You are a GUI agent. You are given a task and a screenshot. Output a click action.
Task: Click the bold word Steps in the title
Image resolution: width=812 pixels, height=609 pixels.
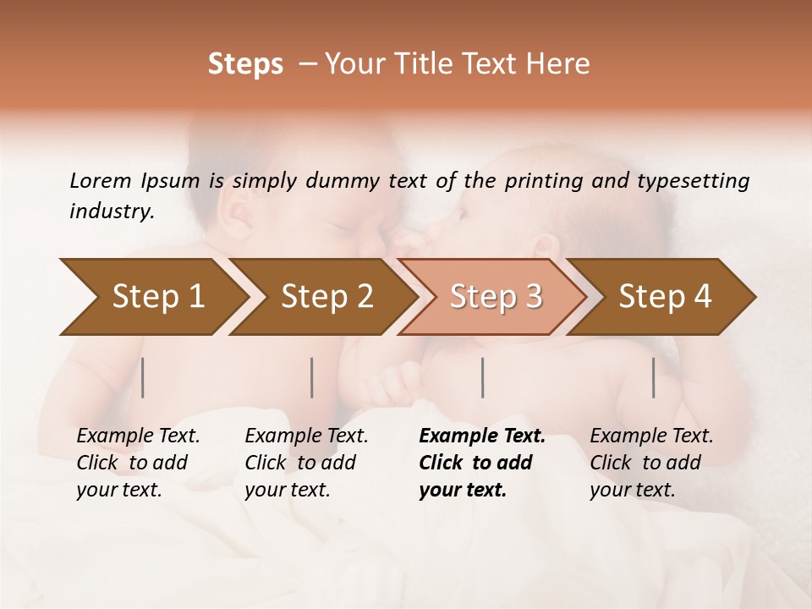(x=245, y=64)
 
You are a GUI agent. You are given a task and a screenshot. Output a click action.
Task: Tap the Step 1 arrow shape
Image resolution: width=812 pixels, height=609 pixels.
(x=157, y=296)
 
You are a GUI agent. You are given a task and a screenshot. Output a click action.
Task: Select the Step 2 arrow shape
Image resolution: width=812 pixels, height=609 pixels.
(x=326, y=296)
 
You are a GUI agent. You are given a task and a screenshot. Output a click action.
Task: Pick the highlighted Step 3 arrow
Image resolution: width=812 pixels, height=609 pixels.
(x=496, y=296)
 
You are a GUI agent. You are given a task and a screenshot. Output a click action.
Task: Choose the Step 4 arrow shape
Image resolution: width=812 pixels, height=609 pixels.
(x=665, y=296)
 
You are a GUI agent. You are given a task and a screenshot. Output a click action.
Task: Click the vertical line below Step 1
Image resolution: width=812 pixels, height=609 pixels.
(x=143, y=377)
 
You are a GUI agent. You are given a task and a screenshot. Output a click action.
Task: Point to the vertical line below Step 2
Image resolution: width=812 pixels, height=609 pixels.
(x=312, y=377)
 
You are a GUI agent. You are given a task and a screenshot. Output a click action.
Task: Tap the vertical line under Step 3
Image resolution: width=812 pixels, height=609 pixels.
(x=482, y=377)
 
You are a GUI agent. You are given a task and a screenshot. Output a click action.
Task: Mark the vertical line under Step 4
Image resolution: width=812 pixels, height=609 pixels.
(x=654, y=377)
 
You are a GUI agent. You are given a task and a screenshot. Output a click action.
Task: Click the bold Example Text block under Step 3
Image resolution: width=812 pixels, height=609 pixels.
(x=482, y=463)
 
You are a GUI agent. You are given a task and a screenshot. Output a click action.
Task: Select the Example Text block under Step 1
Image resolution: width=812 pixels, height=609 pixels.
(x=138, y=463)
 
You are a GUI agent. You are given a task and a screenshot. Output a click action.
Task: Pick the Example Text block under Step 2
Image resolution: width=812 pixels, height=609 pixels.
(x=306, y=463)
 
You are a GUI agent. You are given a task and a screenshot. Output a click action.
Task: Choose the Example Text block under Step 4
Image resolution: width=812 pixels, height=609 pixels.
(x=651, y=463)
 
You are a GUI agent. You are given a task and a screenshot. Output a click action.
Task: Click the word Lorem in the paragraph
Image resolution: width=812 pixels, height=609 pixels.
(x=101, y=180)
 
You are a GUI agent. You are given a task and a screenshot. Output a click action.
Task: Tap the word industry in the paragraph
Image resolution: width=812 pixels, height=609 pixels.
(x=112, y=211)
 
